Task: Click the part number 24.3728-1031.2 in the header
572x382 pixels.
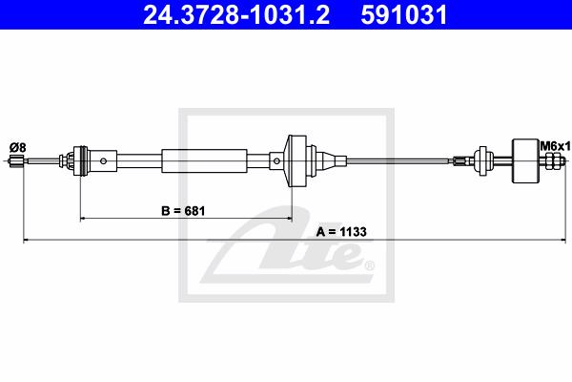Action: coord(236,15)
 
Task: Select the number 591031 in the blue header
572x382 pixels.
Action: coord(404,15)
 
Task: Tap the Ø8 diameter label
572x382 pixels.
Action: coord(18,148)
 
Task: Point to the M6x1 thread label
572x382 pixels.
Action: coord(555,146)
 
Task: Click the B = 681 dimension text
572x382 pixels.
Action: coord(183,211)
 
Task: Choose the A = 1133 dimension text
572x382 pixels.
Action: coord(341,232)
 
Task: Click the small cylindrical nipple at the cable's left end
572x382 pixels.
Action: coord(17,160)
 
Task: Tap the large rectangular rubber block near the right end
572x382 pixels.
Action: coord(525,160)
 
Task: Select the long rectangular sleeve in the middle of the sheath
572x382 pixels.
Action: coord(204,160)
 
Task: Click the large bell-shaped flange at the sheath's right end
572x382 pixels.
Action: coord(296,160)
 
